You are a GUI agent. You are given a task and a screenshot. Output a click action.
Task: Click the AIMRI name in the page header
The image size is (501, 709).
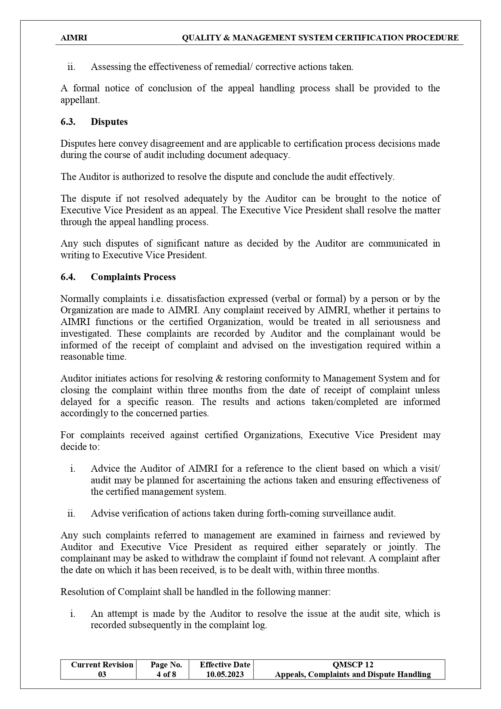73,38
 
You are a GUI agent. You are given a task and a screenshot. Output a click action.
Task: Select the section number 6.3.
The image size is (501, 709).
68,122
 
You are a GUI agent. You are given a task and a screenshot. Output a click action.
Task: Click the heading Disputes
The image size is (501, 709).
109,122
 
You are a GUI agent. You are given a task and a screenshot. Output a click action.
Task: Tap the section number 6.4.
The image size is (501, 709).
68,277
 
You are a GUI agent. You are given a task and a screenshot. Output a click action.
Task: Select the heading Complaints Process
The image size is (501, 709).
133,277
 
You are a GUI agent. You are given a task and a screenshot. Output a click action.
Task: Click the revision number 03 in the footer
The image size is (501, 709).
102,674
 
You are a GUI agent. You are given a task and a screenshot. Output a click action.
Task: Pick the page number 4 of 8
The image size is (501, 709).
166,674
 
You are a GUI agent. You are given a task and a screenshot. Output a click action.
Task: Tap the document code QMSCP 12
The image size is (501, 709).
352,665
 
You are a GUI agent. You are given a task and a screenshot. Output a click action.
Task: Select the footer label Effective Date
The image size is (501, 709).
225,665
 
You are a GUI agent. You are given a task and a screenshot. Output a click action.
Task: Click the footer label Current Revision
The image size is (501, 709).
102,665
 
